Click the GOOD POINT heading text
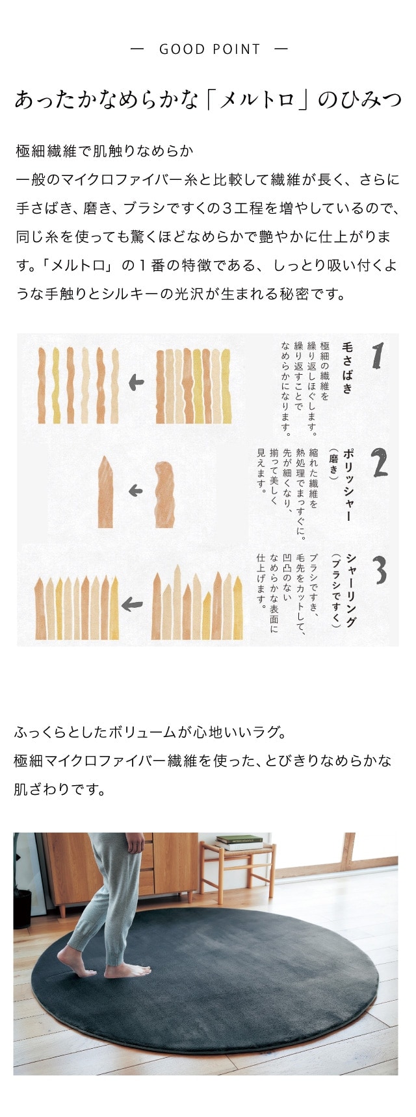tap(209, 49)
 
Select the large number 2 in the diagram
tap(380, 462)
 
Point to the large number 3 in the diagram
tap(380, 570)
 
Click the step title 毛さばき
tap(348, 368)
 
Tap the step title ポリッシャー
tap(348, 484)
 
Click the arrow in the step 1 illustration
tap(136, 383)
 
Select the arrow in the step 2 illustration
tap(135, 491)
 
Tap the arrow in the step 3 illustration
tap(132, 605)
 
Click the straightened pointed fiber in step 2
tap(105, 492)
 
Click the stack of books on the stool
tap(239, 842)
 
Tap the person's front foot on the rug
tap(127, 970)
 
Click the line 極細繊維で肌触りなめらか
tap(105, 152)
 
